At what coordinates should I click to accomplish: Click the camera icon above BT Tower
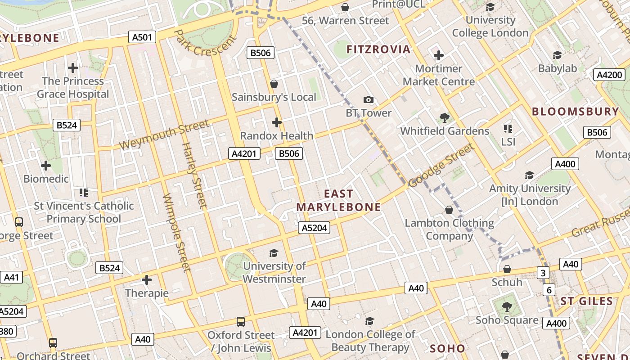click(368, 99)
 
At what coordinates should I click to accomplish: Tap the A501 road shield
click(142, 37)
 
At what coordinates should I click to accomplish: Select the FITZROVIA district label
click(378, 49)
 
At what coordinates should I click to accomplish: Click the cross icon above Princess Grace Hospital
click(73, 68)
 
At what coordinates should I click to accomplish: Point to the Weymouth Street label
click(165, 135)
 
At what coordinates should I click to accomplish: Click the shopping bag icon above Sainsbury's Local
click(274, 84)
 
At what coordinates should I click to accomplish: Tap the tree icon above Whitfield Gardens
click(444, 118)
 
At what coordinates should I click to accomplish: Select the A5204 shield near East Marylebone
click(314, 228)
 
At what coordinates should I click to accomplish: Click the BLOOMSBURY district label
click(576, 112)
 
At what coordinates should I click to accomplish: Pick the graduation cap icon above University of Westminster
click(274, 253)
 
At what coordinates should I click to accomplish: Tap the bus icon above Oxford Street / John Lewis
click(241, 322)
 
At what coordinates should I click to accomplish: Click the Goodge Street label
click(442, 165)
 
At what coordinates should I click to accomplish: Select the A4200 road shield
click(609, 75)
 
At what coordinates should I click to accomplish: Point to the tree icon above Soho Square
click(507, 307)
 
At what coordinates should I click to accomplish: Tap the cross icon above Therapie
click(147, 280)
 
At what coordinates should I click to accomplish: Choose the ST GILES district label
click(587, 301)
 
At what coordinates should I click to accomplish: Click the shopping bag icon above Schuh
click(507, 269)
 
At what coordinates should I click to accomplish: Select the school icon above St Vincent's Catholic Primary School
click(83, 193)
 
